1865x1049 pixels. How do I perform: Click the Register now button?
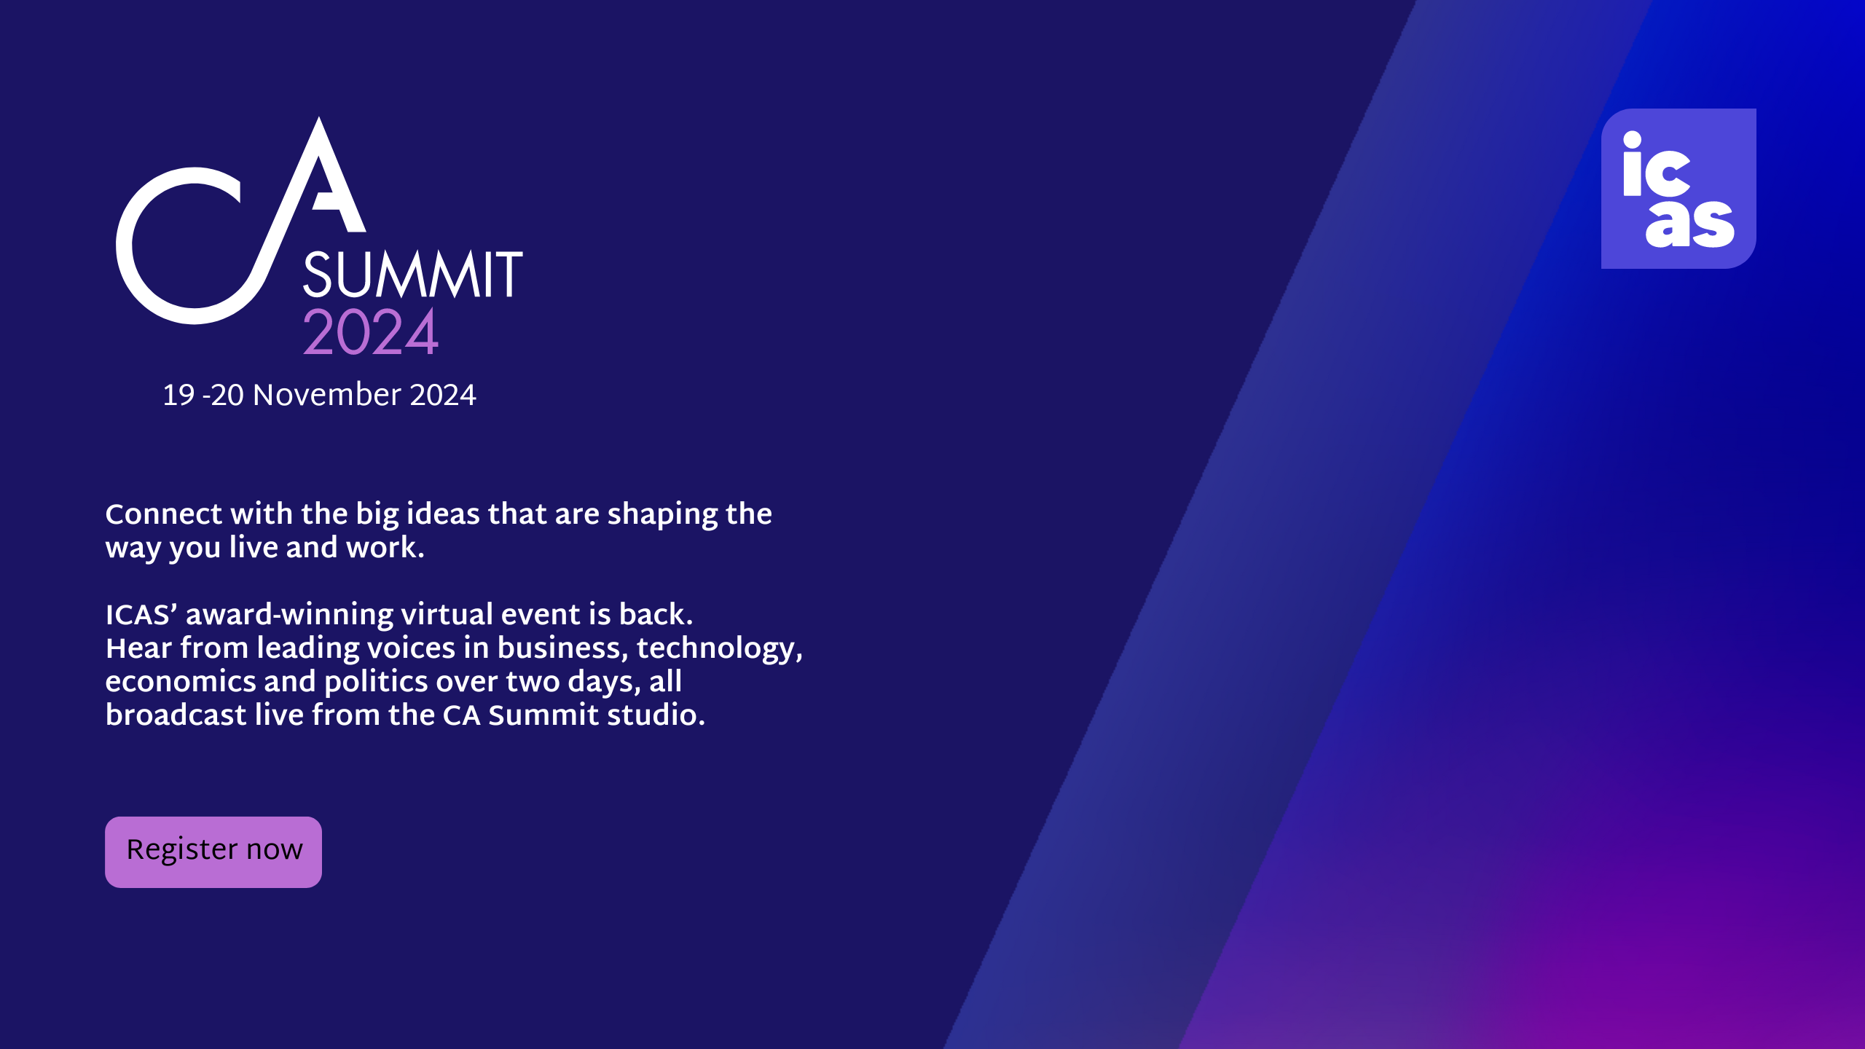213,852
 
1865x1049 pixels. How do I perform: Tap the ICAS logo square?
1678,189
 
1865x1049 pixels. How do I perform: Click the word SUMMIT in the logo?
413,275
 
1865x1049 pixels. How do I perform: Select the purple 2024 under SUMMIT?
370,332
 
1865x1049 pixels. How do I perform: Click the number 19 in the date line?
178,396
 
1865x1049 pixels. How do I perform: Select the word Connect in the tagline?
164,514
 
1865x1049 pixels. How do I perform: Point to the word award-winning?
289,615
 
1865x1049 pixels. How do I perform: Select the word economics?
181,682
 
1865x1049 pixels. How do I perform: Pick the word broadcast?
176,715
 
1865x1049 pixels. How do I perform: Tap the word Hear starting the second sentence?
138,648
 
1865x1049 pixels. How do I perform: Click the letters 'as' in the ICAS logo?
1690,224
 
